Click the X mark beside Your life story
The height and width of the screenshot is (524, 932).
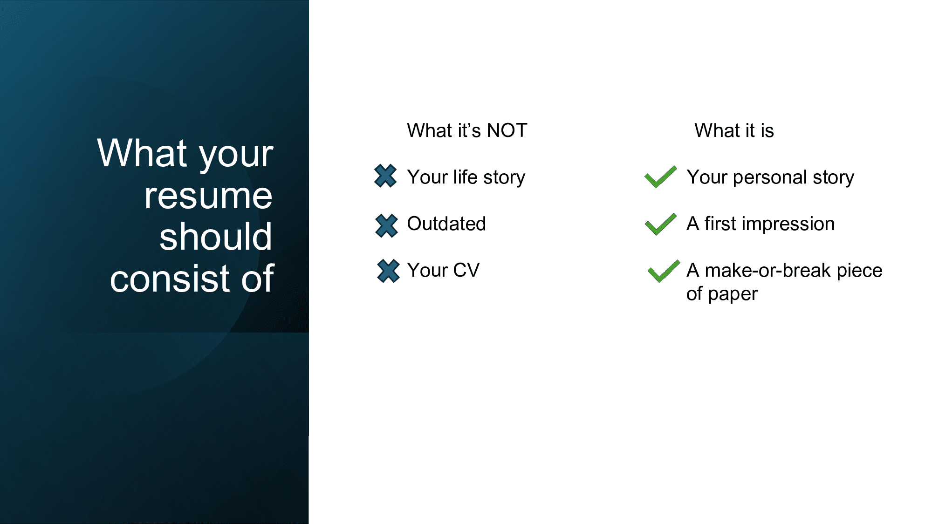385,176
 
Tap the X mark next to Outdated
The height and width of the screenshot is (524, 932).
386,225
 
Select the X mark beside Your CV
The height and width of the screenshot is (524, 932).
388,271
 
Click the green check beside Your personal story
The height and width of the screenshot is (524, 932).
661,177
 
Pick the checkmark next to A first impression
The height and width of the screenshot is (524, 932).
661,224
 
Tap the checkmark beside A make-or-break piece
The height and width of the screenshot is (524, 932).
664,271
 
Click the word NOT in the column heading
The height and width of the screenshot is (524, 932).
507,130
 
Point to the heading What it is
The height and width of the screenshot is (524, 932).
734,130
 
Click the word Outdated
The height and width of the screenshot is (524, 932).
446,224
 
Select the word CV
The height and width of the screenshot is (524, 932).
466,270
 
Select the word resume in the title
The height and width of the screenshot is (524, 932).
208,196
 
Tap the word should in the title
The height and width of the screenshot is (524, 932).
216,236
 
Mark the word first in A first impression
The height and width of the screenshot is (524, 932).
720,224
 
